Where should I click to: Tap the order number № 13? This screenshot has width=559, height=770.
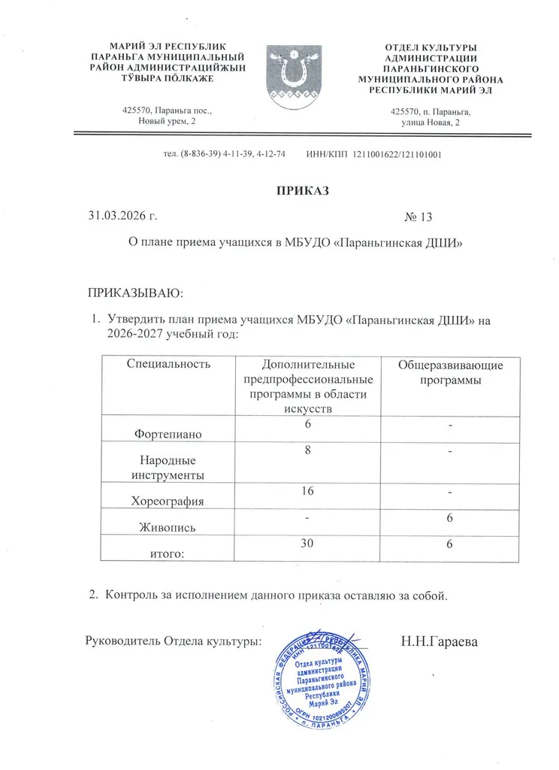419,217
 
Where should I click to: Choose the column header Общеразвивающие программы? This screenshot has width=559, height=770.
450,372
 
